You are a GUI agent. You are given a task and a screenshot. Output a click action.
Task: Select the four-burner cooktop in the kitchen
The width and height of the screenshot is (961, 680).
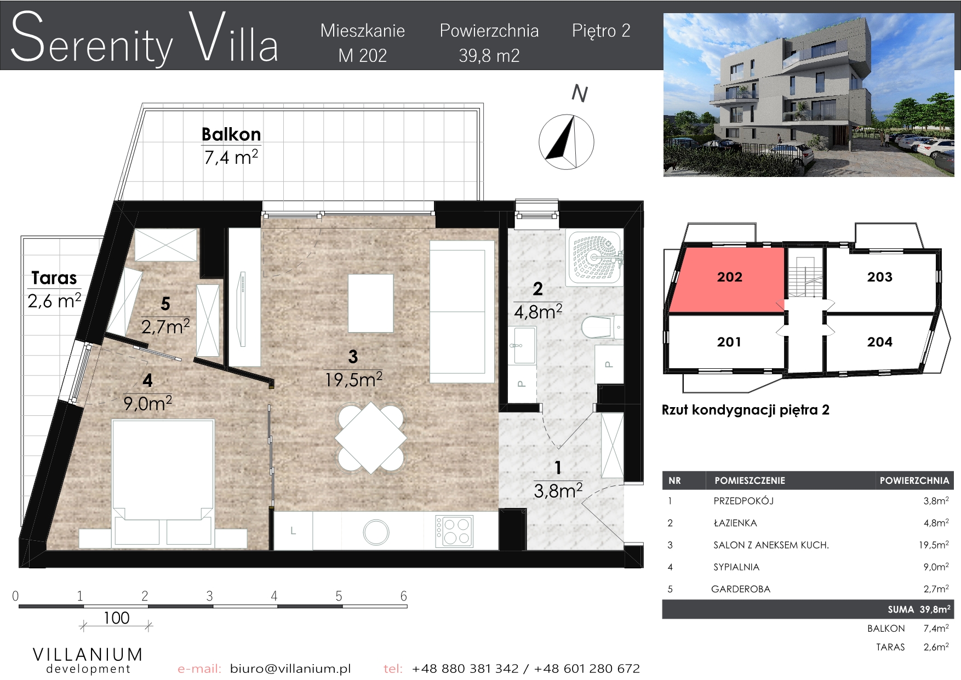[454, 531]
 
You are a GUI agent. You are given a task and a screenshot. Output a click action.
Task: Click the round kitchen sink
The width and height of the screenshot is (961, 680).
[376, 532]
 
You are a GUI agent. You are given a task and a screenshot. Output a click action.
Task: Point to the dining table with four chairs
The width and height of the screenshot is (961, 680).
[371, 438]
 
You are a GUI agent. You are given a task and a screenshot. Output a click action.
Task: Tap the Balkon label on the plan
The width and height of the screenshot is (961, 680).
[231, 134]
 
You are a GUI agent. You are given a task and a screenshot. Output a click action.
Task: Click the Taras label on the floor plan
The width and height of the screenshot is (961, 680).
[54, 278]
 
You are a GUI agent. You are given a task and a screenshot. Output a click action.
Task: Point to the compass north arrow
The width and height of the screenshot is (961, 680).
[567, 141]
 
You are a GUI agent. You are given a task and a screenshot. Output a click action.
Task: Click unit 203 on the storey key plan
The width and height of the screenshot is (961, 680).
[880, 277]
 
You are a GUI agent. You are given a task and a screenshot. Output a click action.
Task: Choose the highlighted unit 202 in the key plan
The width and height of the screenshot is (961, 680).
[730, 277]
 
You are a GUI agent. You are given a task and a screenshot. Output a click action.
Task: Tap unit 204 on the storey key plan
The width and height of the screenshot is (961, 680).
[880, 342]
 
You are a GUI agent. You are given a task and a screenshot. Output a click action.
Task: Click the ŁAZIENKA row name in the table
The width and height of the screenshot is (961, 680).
[735, 523]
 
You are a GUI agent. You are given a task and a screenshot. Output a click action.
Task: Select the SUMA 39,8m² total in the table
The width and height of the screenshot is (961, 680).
[919, 609]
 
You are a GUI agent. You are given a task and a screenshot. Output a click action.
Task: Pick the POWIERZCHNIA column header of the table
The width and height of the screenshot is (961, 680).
[914, 481]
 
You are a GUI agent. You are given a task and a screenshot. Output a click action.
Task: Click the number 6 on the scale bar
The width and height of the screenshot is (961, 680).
[404, 596]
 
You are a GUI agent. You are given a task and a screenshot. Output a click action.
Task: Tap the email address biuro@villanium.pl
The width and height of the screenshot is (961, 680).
[290, 668]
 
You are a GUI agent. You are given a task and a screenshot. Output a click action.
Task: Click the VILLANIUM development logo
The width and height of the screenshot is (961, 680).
[88, 660]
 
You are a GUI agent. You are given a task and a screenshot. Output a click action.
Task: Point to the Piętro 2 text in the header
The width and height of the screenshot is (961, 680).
[601, 31]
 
